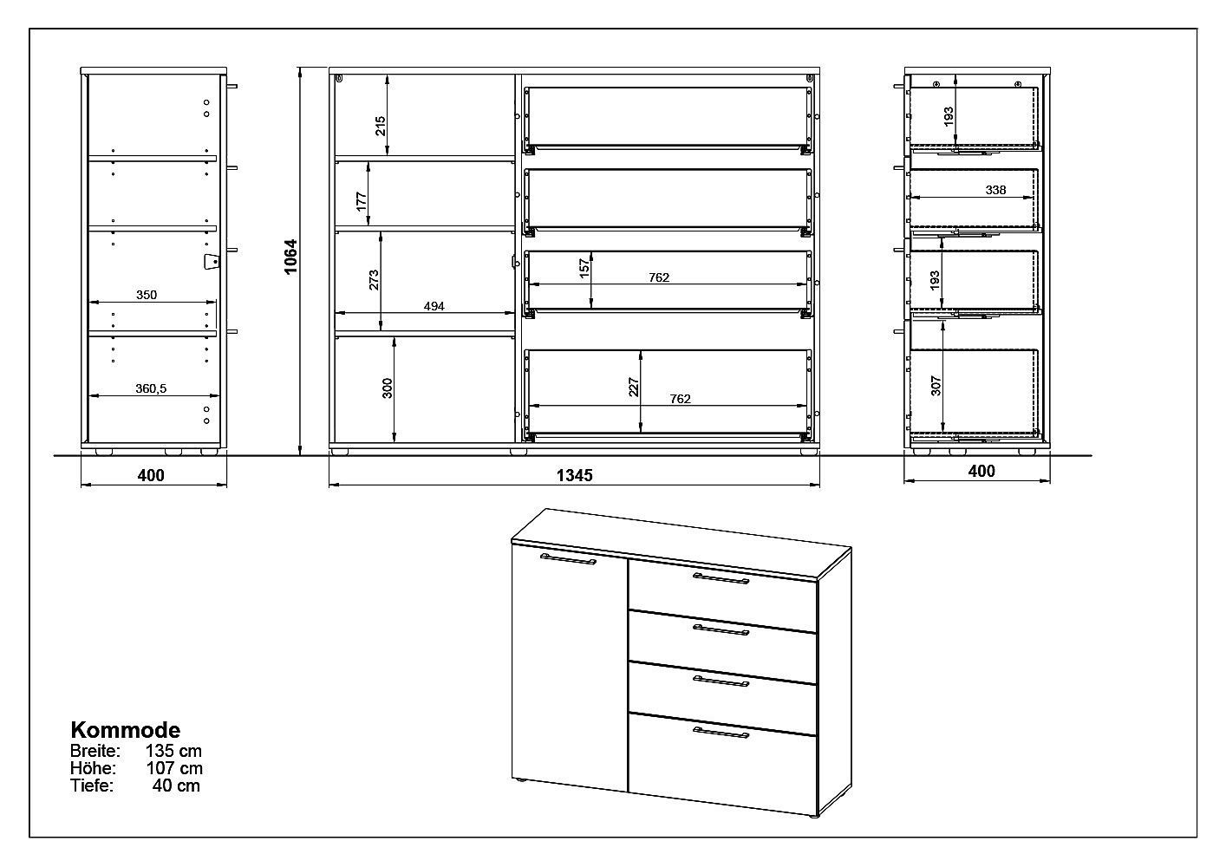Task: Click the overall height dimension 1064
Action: pyautogui.click(x=290, y=256)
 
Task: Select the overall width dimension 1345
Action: pyautogui.click(x=575, y=475)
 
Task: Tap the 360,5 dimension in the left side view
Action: pyautogui.click(x=151, y=388)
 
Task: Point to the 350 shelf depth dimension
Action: pyautogui.click(x=147, y=295)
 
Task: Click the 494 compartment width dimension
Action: pyautogui.click(x=434, y=307)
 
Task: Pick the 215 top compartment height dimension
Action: pyautogui.click(x=381, y=126)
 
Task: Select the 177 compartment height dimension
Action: pyautogui.click(x=362, y=201)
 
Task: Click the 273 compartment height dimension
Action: pyautogui.click(x=374, y=280)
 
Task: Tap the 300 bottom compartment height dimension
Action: pyautogui.click(x=388, y=388)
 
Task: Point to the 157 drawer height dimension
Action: pyautogui.click(x=585, y=269)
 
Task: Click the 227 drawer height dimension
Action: pyautogui.click(x=634, y=387)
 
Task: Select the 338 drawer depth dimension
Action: pyautogui.click(x=995, y=190)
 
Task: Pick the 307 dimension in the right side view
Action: pyautogui.click(x=936, y=385)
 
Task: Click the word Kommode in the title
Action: pyautogui.click(x=126, y=730)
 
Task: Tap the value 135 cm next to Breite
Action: pyautogui.click(x=173, y=751)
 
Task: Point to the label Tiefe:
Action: pyautogui.click(x=92, y=786)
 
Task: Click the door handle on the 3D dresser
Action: pyautogui.click(x=568, y=559)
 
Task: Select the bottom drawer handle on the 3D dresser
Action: pyautogui.click(x=721, y=733)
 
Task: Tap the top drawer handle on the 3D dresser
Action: pyautogui.click(x=721, y=578)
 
